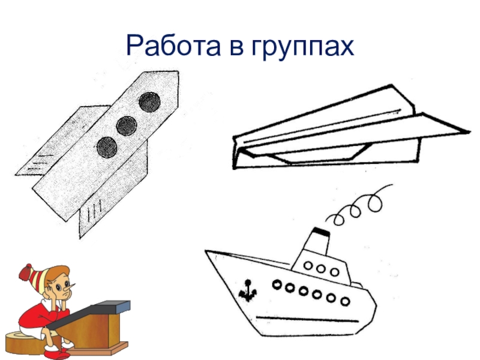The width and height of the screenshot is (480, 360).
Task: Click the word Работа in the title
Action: pyautogui.click(x=173, y=46)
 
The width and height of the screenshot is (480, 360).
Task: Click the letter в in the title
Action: pyautogui.click(x=236, y=49)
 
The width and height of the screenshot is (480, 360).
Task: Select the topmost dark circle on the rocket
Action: pyautogui.click(x=149, y=102)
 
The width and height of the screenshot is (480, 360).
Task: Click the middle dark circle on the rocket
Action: pyautogui.click(x=126, y=126)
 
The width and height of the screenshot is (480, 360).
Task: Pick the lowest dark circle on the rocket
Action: pyautogui.click(x=107, y=147)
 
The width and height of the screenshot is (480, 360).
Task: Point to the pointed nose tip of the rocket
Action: pyautogui.click(x=178, y=72)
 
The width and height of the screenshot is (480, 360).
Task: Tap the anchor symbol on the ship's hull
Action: pyautogui.click(x=247, y=290)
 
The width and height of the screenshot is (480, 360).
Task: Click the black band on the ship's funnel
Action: pyautogui.click(x=321, y=232)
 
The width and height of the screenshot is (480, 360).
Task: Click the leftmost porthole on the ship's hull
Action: pyautogui.click(x=277, y=284)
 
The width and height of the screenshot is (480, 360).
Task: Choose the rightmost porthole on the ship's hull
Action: pyautogui.click(x=346, y=302)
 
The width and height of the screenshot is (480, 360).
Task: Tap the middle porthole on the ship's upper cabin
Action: pyautogui.click(x=321, y=269)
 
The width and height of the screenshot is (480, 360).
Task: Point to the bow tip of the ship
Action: pyautogui.click(x=206, y=251)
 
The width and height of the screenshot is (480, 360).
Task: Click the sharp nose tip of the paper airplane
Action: pyautogui.click(x=469, y=132)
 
